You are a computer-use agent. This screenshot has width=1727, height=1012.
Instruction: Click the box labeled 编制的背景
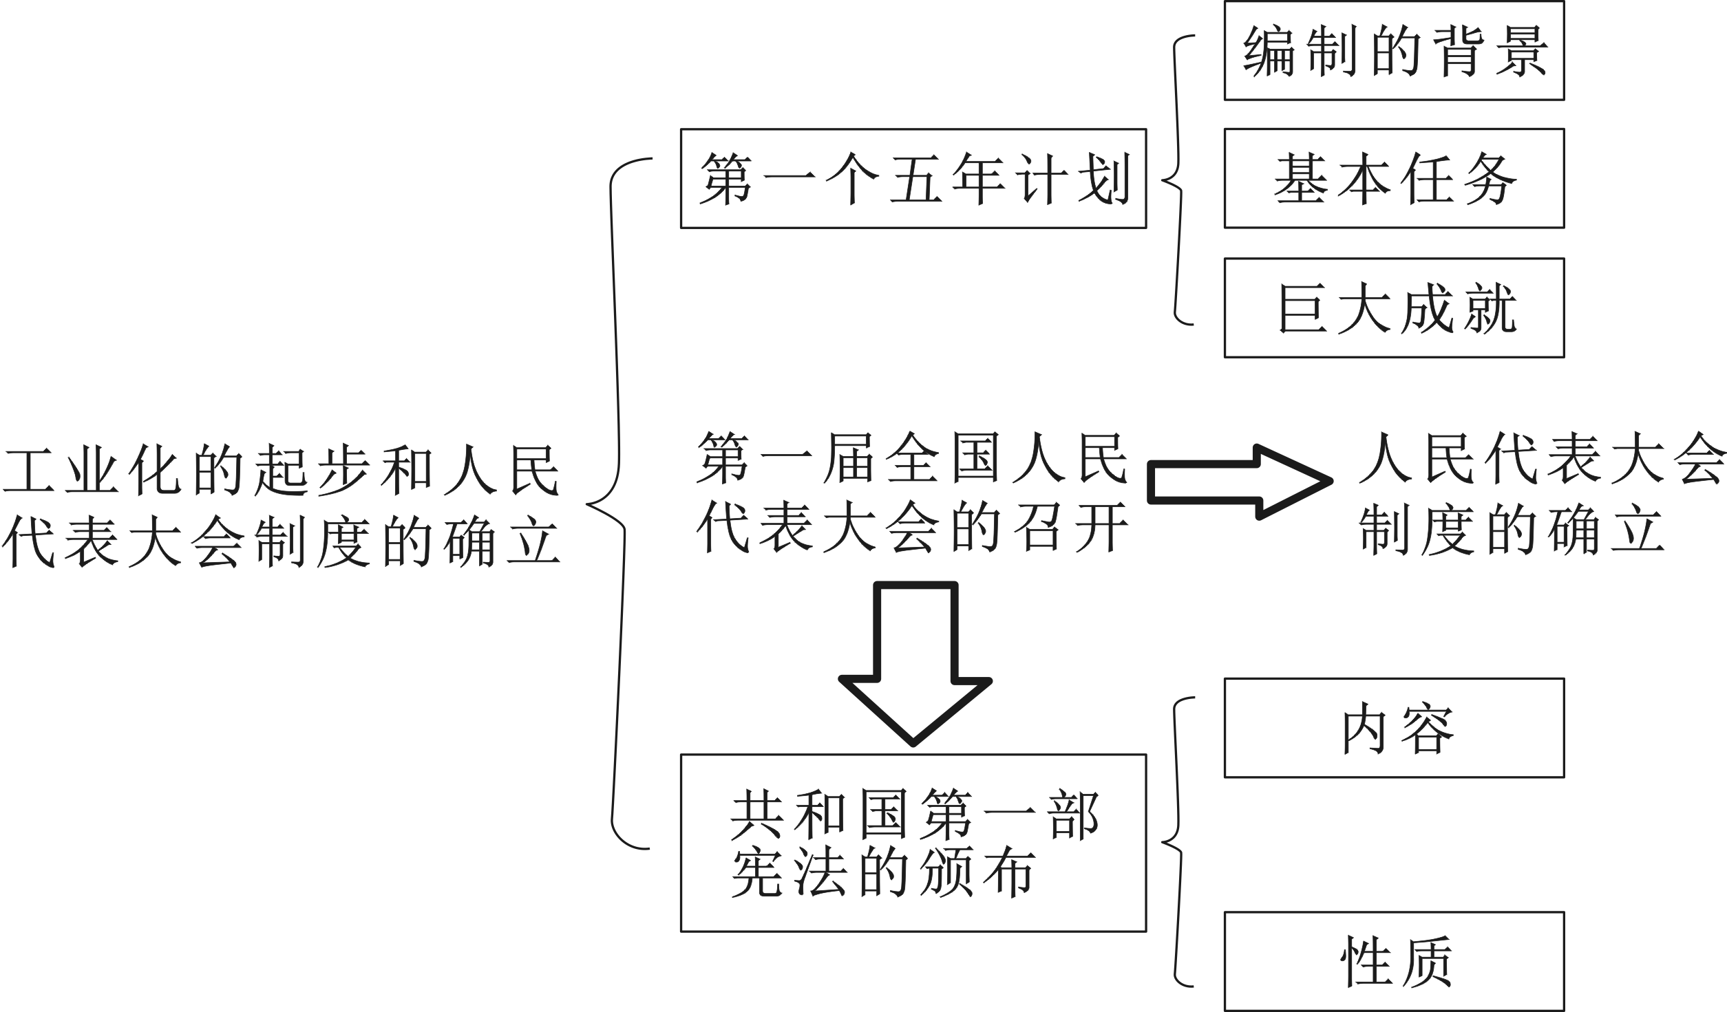1394,51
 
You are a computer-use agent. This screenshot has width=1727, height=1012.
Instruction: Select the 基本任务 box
1394,178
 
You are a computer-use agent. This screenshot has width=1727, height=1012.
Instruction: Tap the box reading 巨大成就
1394,308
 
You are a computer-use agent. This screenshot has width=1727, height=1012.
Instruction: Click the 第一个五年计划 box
913,178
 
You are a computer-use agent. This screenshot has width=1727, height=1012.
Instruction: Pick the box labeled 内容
1394,729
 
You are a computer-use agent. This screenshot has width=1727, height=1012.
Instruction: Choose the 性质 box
1394,961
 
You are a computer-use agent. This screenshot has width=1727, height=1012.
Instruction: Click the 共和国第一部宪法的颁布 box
913,843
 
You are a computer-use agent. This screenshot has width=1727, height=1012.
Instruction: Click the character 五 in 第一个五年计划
915,179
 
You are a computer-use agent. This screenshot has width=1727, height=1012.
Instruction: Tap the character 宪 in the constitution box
756,874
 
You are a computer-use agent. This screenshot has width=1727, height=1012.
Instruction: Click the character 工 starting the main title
28,471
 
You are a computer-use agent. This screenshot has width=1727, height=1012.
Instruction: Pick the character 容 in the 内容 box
1427,730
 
